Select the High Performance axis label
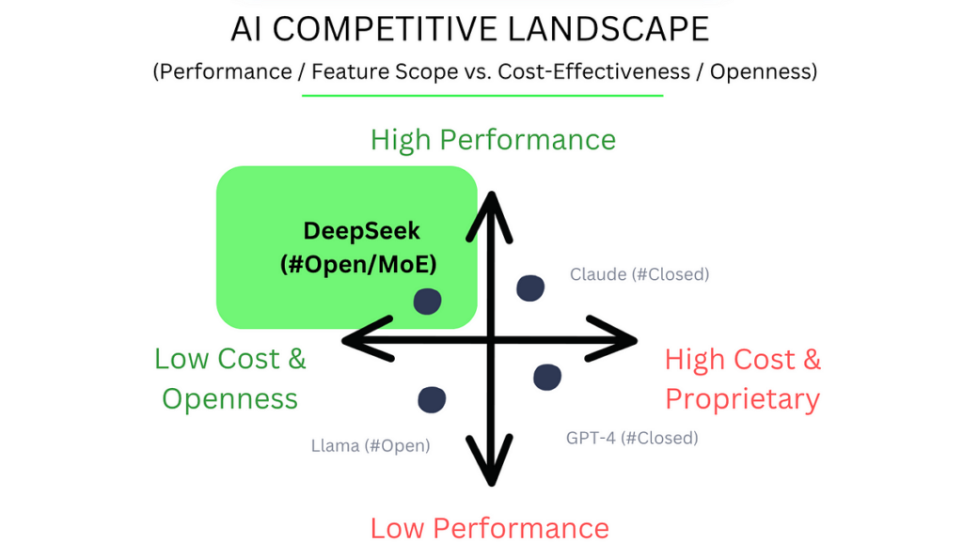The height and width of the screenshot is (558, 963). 493,140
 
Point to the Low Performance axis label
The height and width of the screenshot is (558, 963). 489,528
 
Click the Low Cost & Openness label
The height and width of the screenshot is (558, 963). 230,379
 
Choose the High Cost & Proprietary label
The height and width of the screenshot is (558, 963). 743,379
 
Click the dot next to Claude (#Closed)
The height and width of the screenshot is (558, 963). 530,288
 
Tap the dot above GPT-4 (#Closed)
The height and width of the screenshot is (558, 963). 547,377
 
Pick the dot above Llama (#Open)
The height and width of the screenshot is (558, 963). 432,399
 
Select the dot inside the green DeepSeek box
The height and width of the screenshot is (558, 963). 428,301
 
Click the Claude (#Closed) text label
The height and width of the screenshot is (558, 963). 639,274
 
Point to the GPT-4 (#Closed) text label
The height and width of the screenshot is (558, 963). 632,438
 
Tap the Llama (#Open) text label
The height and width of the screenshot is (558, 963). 371,445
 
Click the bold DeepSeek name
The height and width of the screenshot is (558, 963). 350,231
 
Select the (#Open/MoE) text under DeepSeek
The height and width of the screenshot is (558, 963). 350,264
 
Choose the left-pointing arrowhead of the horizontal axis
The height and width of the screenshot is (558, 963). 362,339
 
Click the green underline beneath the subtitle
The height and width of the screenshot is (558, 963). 481,95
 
